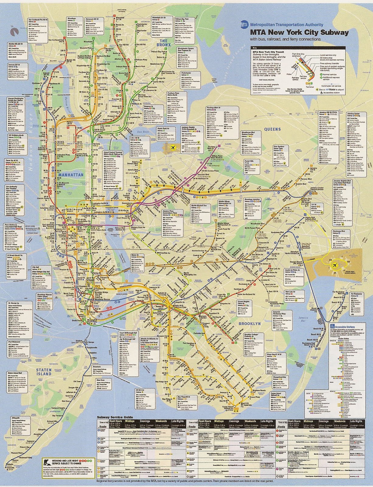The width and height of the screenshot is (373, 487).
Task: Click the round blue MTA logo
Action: pyautogui.click(x=244, y=24)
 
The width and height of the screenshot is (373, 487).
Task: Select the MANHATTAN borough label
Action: pyautogui.click(x=69, y=175)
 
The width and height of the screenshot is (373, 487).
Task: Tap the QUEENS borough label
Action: pyautogui.click(x=273, y=129)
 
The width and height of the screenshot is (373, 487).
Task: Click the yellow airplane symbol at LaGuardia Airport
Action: pyautogui.click(x=174, y=148)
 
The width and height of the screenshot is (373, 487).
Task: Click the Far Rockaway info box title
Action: pyautogui.click(x=356, y=294)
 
